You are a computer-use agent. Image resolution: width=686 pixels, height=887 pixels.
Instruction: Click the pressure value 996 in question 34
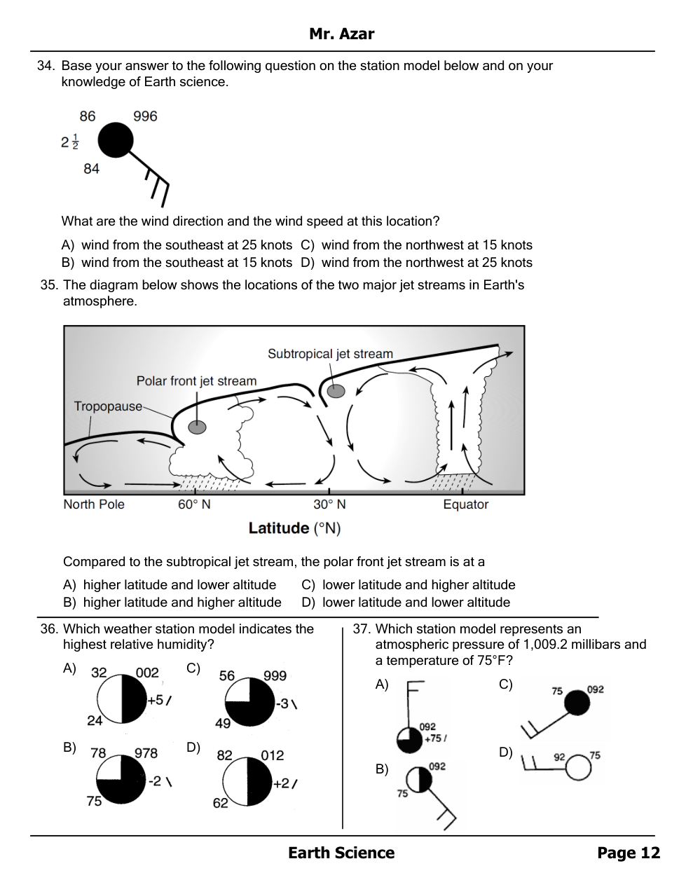click(145, 116)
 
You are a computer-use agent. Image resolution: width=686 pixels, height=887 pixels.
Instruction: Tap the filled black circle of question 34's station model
click(115, 141)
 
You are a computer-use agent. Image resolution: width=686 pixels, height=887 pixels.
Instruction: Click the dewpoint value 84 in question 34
click(91, 169)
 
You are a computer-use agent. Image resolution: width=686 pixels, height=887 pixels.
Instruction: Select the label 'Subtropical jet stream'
click(330, 354)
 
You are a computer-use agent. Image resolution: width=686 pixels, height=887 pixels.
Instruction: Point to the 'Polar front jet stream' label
click(196, 381)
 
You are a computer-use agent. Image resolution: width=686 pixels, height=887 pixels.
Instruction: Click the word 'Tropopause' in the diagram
click(108, 406)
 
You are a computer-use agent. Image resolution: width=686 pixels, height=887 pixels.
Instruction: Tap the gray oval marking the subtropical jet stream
click(336, 391)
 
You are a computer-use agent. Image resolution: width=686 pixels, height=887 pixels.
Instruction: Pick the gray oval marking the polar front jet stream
click(198, 427)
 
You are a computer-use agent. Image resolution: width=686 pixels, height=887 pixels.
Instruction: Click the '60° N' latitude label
click(194, 504)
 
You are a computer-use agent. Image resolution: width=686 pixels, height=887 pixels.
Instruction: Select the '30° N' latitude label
click(329, 504)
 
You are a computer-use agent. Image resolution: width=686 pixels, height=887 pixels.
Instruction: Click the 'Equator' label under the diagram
click(465, 504)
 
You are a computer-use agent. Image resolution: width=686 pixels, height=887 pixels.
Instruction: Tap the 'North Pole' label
click(94, 504)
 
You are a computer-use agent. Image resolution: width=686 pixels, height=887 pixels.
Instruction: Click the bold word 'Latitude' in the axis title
click(278, 528)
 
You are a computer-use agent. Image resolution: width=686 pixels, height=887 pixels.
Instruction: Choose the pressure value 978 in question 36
click(146, 753)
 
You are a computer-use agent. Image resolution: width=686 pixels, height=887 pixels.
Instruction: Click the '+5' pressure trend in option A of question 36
click(155, 700)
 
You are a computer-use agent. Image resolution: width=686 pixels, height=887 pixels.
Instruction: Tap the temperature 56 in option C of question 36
click(226, 676)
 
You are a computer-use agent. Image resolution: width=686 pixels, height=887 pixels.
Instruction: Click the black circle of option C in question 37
click(577, 702)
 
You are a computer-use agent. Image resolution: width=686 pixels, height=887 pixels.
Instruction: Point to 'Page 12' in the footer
click(628, 853)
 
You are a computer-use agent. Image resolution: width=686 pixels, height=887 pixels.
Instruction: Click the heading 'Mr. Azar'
click(342, 34)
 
